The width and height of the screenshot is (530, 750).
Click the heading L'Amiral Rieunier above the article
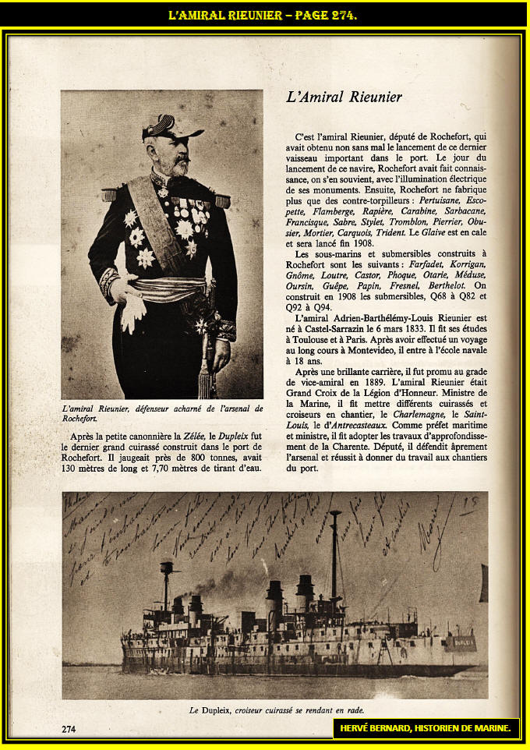point(344,97)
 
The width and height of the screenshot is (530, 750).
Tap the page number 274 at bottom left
point(69,729)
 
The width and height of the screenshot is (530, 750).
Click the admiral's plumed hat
point(170,127)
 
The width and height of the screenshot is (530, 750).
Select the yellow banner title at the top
point(263,15)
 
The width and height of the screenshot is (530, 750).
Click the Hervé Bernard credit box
point(425,728)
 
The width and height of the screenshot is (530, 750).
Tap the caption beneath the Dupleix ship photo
point(276,710)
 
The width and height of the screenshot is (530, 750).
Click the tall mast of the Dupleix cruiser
point(334,554)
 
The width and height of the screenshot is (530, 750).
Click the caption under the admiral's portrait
point(161,413)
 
